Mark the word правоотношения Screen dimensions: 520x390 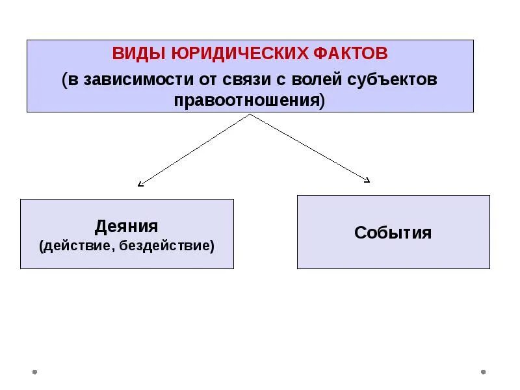click(248, 101)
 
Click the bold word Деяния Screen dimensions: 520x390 click(127, 226)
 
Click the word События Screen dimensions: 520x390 click(393, 233)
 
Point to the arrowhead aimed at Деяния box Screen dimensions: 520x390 click(140, 184)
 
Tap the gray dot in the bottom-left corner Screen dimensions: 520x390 click(34, 372)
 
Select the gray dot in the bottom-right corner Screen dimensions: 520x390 click(483, 372)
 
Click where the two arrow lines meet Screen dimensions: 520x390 click(250, 114)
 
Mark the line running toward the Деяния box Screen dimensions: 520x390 click(195, 149)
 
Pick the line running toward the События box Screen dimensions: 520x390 click(309, 148)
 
